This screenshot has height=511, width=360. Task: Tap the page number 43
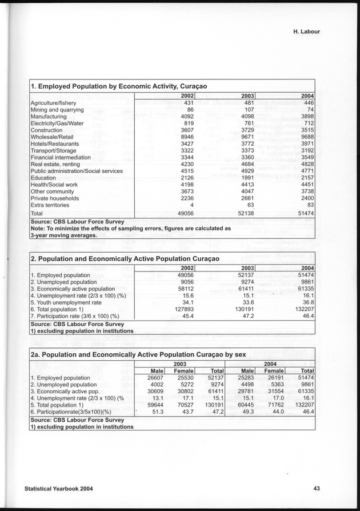(316, 488)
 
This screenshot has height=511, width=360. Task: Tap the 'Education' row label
(43, 178)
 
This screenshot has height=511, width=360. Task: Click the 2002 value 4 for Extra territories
(194, 205)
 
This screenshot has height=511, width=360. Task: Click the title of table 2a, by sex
(138, 354)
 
